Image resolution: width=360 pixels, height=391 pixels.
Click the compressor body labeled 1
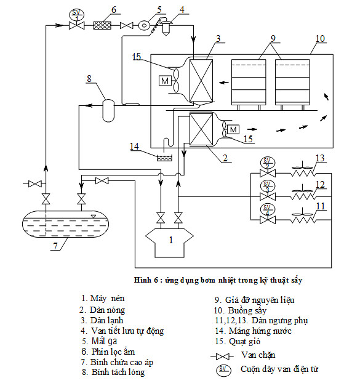tap(169, 243)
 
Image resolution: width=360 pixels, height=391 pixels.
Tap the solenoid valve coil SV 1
tap(76, 15)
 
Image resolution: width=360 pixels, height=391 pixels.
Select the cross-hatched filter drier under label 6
tap(102, 25)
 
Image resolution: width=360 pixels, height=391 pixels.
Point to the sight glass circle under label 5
tap(144, 25)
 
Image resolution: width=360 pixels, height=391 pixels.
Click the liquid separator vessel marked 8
tap(109, 110)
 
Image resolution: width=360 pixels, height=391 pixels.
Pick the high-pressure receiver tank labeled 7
tap(65, 224)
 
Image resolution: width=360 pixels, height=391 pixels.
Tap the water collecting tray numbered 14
tap(164, 158)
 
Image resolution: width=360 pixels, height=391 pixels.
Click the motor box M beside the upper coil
tap(165, 81)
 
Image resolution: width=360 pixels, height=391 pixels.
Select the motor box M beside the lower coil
tap(233, 129)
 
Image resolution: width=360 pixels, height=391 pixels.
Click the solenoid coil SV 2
tap(267, 163)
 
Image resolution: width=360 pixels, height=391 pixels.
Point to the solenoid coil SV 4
tap(267, 209)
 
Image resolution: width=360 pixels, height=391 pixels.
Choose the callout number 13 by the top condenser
tap(320, 158)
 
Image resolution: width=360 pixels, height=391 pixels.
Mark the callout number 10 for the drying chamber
tap(320, 39)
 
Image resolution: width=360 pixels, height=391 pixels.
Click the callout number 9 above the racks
tap(273, 39)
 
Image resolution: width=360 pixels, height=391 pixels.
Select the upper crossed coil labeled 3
tap(201, 81)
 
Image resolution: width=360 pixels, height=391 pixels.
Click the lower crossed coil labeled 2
tap(201, 129)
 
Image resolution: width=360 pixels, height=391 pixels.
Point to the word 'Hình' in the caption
tap(143, 280)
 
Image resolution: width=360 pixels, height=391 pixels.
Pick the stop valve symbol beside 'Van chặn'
tap(223, 357)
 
